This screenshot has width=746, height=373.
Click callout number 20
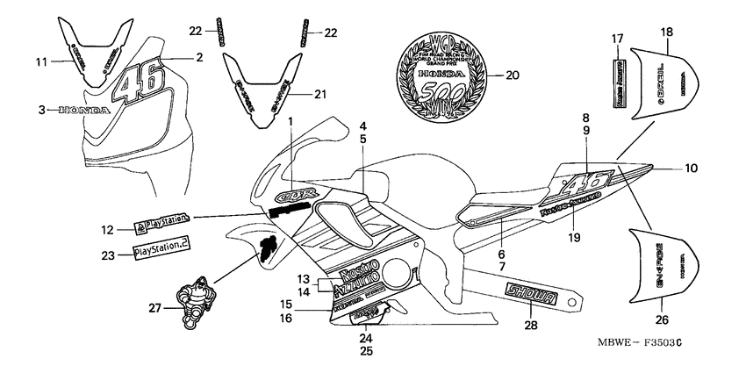pos(513,75)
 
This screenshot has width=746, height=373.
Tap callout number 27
pos(154,307)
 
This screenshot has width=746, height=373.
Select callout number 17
pos(617,38)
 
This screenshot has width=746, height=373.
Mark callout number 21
pos(319,94)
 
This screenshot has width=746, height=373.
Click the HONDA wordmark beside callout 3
pos(84,111)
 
